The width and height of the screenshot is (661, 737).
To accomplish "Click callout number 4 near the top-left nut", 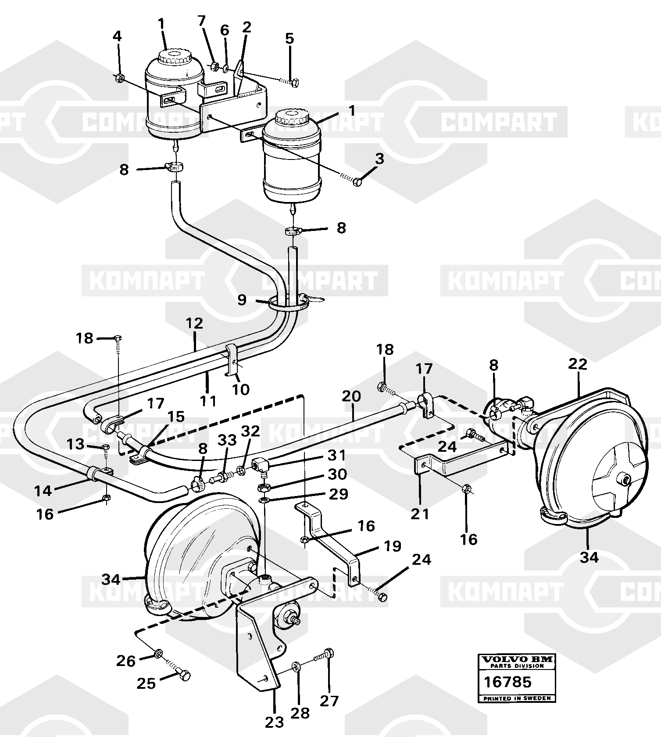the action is [x=117, y=36].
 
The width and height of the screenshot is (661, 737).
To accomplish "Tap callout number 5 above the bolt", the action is [x=289, y=39].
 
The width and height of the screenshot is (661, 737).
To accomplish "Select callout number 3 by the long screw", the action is [x=379, y=158].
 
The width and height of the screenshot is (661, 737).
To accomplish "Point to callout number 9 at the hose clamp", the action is [x=242, y=300].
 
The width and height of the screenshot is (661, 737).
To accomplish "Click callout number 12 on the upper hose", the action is [x=195, y=323].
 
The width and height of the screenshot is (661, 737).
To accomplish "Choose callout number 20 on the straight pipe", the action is [x=352, y=396].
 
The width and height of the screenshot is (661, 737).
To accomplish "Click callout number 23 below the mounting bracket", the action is [x=274, y=722].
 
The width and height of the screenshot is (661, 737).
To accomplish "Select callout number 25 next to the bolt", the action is [x=146, y=683].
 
